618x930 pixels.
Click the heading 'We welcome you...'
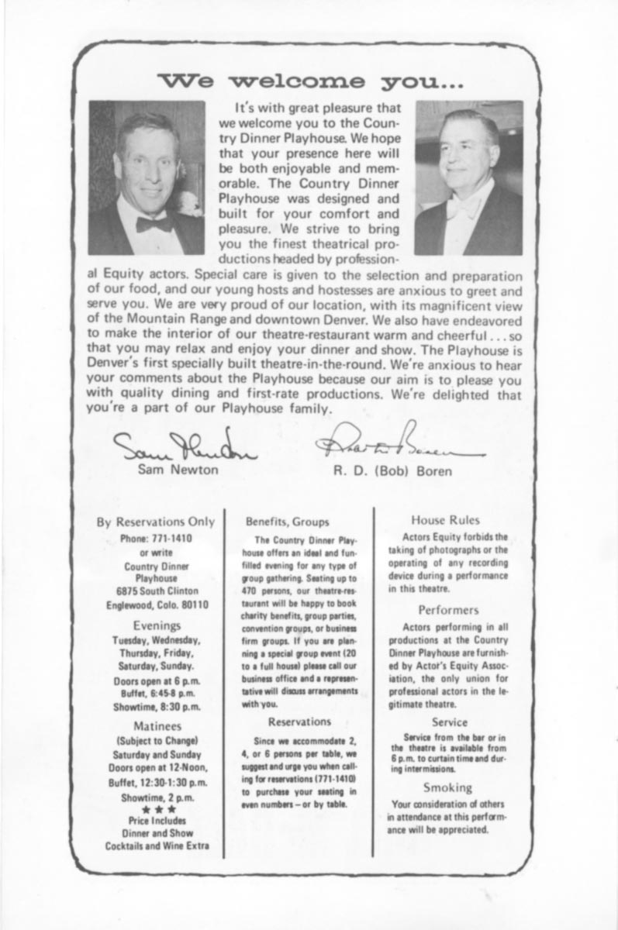pos(310,81)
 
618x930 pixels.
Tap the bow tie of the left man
pos(154,224)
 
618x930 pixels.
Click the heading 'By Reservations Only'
pos(157,522)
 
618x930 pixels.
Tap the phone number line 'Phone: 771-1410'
pos(157,538)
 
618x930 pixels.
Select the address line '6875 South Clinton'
pos(157,591)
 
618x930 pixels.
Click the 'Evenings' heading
pos(157,625)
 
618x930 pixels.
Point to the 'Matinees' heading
pos(157,725)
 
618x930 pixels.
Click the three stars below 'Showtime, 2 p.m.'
pos(157,808)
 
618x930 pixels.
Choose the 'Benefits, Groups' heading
pos(288,522)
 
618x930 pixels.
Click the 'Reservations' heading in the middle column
pos(299,722)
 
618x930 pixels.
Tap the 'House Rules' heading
pos(445,520)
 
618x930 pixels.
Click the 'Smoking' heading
pos(447,787)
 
